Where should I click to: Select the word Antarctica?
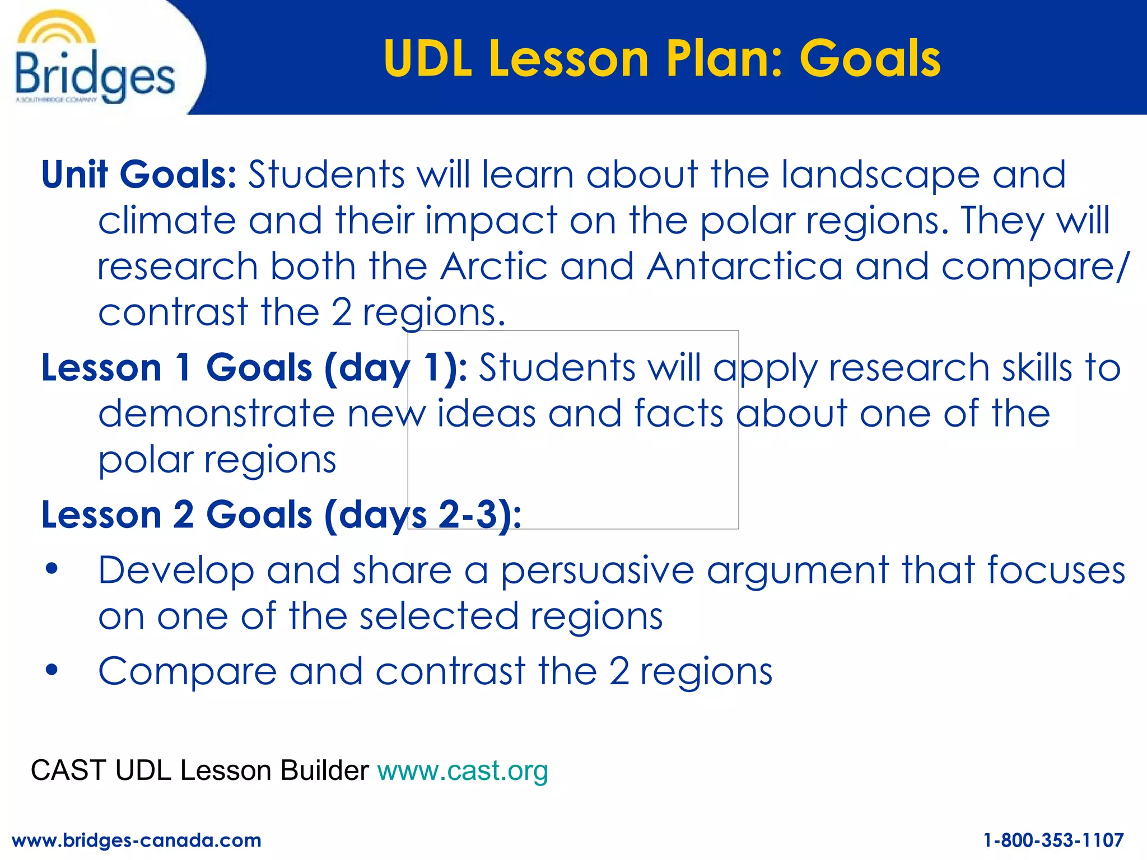click(x=744, y=266)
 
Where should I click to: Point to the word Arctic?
click(x=493, y=266)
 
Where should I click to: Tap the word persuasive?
click(x=597, y=571)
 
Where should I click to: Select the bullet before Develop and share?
click(x=52, y=569)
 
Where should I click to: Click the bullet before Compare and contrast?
click(x=52, y=670)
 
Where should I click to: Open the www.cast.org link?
click(x=463, y=770)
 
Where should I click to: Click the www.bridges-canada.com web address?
click(x=136, y=840)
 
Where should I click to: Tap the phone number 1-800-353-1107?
click(x=1053, y=840)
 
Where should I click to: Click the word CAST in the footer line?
click(x=68, y=770)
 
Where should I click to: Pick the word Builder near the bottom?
click(x=324, y=770)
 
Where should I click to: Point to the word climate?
click(x=167, y=220)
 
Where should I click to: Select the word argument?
click(x=798, y=571)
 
